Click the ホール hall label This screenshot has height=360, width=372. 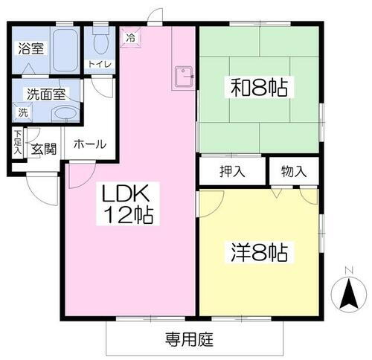(x=90, y=144)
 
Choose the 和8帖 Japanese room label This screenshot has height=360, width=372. (x=258, y=89)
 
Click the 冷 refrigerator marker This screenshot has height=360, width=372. (x=131, y=36)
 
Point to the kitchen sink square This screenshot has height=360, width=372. (x=182, y=74)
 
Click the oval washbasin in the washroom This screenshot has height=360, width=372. (x=66, y=113)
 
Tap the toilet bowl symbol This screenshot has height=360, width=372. (x=100, y=36)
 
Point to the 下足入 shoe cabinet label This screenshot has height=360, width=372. (x=16, y=143)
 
